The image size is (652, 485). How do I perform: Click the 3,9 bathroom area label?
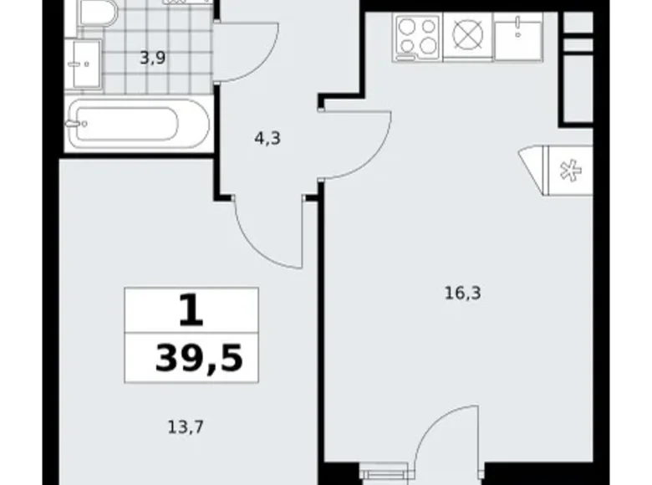pos(153,58)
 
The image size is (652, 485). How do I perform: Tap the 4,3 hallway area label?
pos(267,138)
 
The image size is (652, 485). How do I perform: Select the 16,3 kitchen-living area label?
pos(463,294)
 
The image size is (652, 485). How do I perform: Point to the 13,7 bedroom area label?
pos(186,426)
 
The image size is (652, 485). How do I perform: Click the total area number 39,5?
pos(199,358)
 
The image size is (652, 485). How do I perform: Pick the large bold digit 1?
pos(191,310)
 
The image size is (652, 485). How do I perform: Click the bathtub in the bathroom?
pos(140,124)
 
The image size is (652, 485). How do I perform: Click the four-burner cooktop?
pos(416,38)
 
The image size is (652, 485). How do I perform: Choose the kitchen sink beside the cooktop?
pos(518,37)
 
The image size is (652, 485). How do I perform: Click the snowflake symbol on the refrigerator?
pos(570,170)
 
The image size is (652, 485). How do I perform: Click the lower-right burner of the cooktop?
pos(428,45)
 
